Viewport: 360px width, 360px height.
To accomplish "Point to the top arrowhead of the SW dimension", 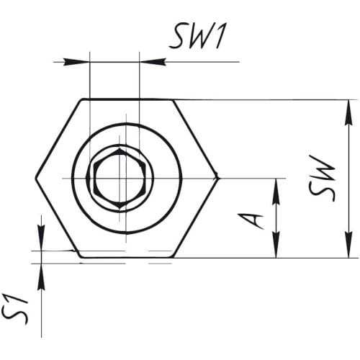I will (348, 108).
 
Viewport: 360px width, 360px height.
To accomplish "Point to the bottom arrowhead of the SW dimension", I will (348, 249).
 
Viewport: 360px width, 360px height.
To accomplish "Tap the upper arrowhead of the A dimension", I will (275, 186).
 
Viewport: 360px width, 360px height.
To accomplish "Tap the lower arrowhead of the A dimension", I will (275, 249).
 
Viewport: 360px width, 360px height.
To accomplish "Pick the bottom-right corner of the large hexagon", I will (173, 257).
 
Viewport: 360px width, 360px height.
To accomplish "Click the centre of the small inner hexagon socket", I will (118, 178).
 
